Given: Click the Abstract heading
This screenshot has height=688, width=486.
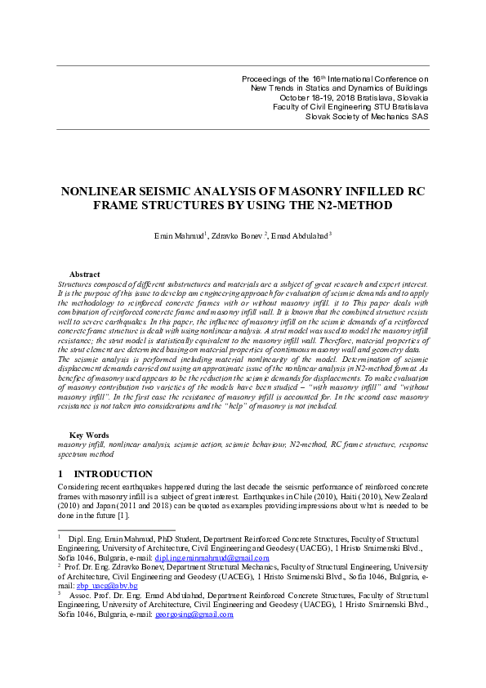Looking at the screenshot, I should (85, 275).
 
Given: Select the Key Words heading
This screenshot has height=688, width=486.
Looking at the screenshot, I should (89, 434).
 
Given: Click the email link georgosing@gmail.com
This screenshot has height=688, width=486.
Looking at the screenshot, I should (194, 615).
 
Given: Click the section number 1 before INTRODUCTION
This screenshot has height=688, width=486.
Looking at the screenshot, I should (60, 474).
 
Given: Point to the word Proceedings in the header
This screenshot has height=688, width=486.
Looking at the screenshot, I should (265, 78).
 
